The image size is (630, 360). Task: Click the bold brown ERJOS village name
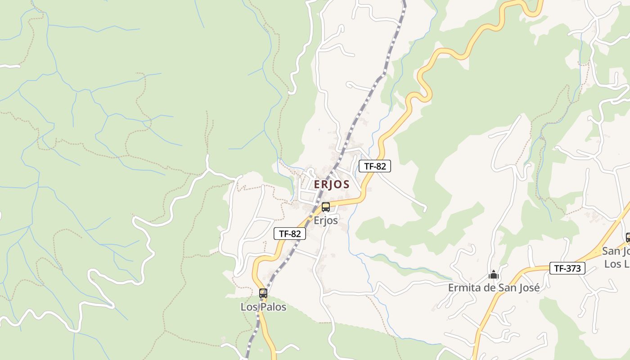[x=332, y=184]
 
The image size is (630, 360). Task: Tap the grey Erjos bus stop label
[x=325, y=220]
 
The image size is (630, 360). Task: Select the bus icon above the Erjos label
[x=325, y=207]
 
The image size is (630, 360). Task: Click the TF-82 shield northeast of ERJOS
[x=375, y=166]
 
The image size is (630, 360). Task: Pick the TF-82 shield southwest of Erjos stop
[x=290, y=234]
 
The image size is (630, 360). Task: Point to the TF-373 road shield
[x=567, y=269]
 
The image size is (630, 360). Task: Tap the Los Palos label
[x=263, y=307]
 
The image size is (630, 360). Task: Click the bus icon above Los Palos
[x=263, y=293]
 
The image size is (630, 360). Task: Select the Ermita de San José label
[x=494, y=288]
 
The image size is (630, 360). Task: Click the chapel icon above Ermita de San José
[x=494, y=274]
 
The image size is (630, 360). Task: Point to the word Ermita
[x=462, y=288]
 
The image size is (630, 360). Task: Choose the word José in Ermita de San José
[x=529, y=288]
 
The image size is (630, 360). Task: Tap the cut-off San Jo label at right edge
[x=616, y=251]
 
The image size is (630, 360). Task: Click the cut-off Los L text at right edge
[x=617, y=264]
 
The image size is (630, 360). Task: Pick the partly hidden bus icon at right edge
[x=628, y=237]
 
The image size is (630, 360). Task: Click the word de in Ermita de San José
[x=486, y=288]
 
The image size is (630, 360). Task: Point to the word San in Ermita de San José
[x=506, y=288]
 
